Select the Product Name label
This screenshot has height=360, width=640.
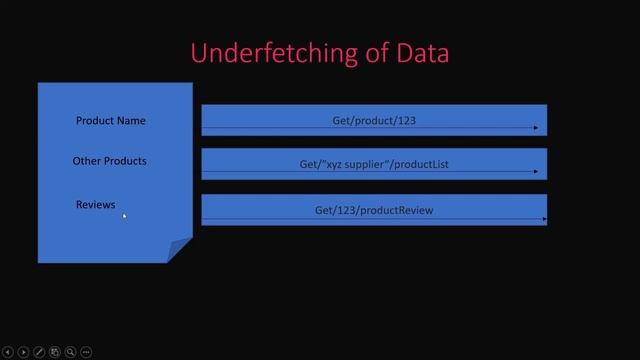point(110,121)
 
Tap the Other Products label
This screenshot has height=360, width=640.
point(109,161)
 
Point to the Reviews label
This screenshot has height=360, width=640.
point(95,205)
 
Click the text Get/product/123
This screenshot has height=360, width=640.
point(374,120)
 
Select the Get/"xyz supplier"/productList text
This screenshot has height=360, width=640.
point(374,164)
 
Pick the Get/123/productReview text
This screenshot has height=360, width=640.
point(374,210)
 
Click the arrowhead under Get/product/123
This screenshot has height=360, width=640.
point(536,128)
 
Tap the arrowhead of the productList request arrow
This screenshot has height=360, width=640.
point(536,172)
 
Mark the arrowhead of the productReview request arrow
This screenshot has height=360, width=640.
point(544,218)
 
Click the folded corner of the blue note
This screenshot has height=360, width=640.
point(180,250)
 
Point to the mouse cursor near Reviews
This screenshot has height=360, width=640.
point(125,215)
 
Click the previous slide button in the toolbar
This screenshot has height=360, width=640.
point(8,352)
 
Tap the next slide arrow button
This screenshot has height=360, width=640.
point(23,352)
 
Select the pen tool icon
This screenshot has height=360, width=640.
point(39,352)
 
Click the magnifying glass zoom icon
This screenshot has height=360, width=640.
point(71,352)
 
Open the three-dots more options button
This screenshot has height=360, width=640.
point(87,352)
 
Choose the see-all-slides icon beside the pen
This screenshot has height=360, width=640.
point(55,352)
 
